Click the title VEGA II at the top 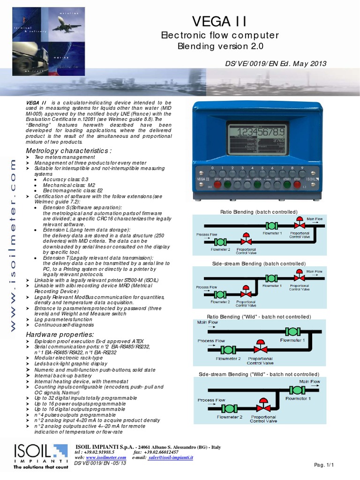[219, 22]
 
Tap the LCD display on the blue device [255, 139]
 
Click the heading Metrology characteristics [68, 150]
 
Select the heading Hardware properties [60, 334]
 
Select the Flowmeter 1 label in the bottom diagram [298, 398]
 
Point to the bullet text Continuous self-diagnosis [68, 324]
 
